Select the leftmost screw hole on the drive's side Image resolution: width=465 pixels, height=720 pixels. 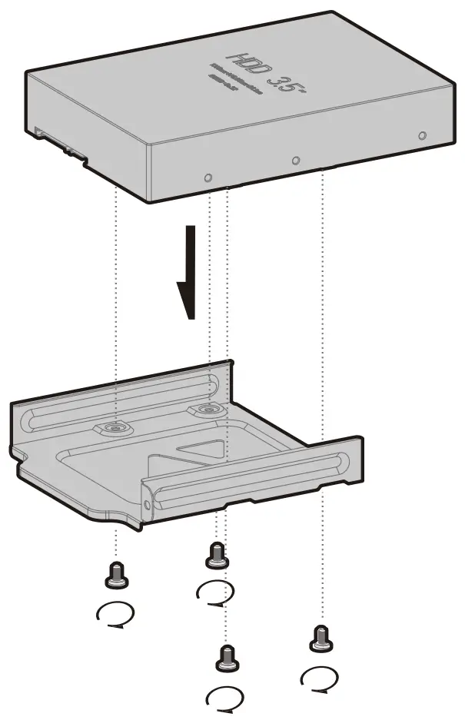[208, 178]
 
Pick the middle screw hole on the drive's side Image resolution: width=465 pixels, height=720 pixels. [296, 161]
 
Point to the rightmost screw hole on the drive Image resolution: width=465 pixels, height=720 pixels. [421, 135]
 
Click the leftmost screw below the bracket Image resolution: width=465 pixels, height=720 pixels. [117, 573]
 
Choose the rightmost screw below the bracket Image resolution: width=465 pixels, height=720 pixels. [321, 638]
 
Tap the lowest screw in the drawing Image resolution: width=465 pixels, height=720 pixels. [227, 658]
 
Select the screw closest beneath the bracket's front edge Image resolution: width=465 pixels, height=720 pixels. [217, 553]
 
